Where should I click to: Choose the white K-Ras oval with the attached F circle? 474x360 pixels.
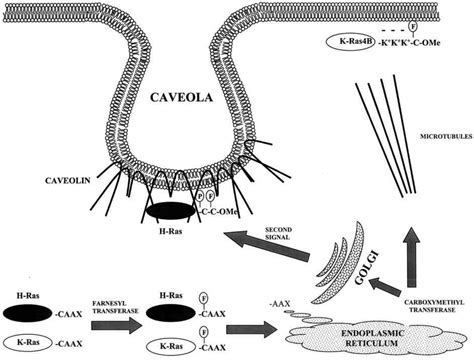pyautogui.click(x=168, y=342)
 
